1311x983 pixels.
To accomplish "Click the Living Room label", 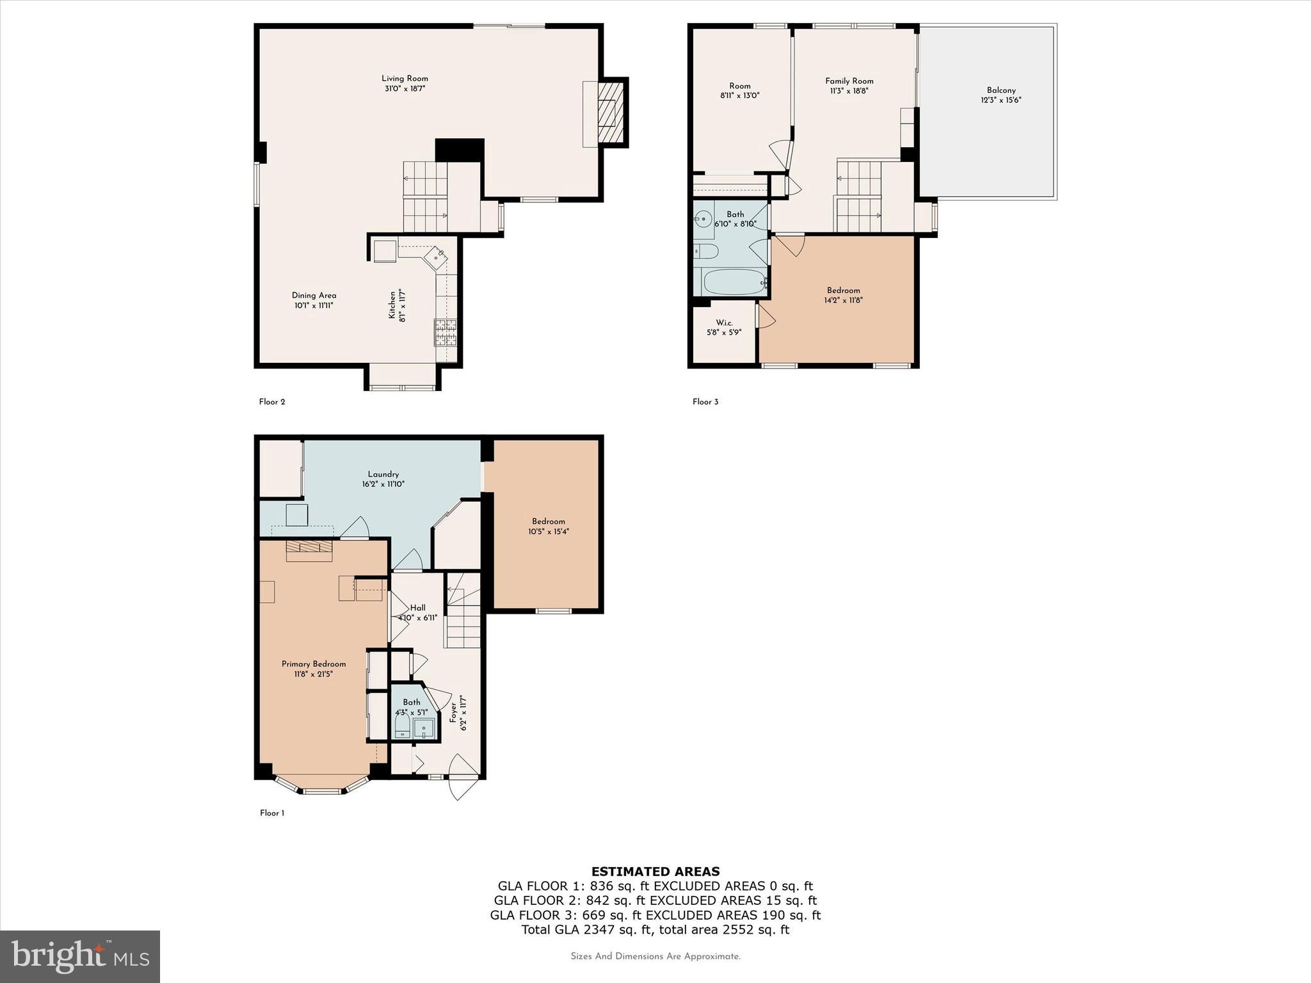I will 405,79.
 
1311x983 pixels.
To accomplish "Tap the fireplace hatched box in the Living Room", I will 610,113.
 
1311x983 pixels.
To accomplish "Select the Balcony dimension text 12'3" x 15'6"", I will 1001,100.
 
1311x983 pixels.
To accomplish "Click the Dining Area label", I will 314,295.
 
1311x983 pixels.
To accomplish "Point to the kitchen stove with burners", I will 446,332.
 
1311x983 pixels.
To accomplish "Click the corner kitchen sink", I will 437,257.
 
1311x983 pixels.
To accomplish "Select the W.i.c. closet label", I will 724,323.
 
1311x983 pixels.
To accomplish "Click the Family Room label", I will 849,81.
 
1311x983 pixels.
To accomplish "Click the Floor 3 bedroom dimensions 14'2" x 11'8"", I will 843,300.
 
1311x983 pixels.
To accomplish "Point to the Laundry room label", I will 383,474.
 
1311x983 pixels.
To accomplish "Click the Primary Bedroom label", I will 314,664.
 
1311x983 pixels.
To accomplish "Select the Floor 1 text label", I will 272,813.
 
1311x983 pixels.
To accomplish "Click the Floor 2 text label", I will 272,402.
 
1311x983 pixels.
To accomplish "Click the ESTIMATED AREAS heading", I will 655,871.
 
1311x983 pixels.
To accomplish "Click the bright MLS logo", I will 80,957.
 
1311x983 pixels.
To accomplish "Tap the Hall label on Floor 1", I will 417,608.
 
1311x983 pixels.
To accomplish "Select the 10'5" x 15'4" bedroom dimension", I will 548,531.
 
